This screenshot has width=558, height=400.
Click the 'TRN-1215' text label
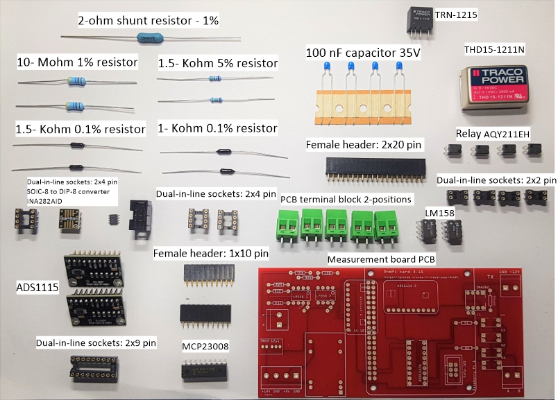(457, 14)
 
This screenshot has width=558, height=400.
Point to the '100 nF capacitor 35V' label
(364, 52)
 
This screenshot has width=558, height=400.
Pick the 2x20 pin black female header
(375, 166)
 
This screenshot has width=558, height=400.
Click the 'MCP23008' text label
(205, 345)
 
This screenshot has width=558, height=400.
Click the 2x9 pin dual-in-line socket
(93, 367)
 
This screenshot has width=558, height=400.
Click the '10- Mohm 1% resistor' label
(77, 63)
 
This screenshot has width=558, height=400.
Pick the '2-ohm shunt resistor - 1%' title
(148, 21)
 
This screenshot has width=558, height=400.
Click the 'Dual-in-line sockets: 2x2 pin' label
(496, 180)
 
